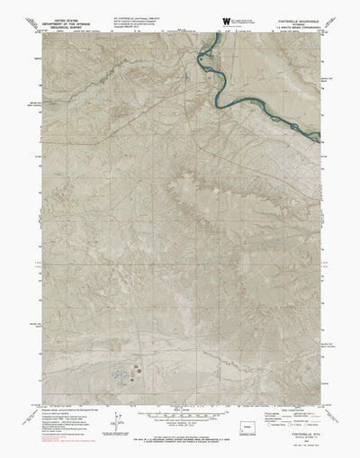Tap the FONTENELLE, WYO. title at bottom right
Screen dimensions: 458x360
[x=288, y=427]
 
